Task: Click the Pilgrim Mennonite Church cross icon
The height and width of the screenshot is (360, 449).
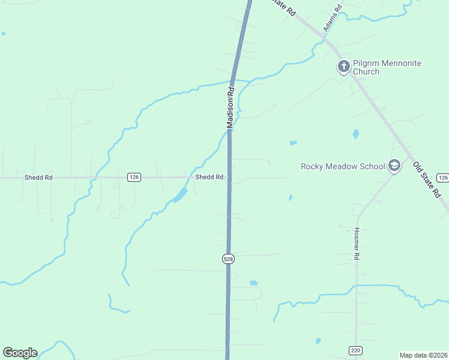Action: pos(343,67)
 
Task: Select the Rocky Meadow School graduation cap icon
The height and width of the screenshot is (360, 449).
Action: pos(394,166)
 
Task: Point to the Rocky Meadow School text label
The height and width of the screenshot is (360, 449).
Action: pos(342,166)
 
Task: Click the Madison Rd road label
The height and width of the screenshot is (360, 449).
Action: pos(231,108)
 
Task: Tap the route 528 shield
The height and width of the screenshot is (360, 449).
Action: pos(228,259)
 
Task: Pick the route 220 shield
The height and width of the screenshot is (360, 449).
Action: pos(355,350)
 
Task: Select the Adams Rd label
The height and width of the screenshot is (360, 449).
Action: pos(332,17)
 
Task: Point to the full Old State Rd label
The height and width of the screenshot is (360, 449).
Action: pos(427,179)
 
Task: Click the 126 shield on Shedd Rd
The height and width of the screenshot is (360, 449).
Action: pos(134,177)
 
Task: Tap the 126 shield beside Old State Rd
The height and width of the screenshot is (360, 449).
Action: pos(442,178)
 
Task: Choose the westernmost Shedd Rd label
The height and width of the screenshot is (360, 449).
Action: pos(38,178)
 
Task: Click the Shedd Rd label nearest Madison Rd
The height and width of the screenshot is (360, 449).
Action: pos(209,177)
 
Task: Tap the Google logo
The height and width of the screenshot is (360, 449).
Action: pos(20,353)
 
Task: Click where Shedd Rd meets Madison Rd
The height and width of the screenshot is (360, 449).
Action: pos(229,178)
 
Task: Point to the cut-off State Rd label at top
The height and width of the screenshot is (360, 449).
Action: pos(283,7)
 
